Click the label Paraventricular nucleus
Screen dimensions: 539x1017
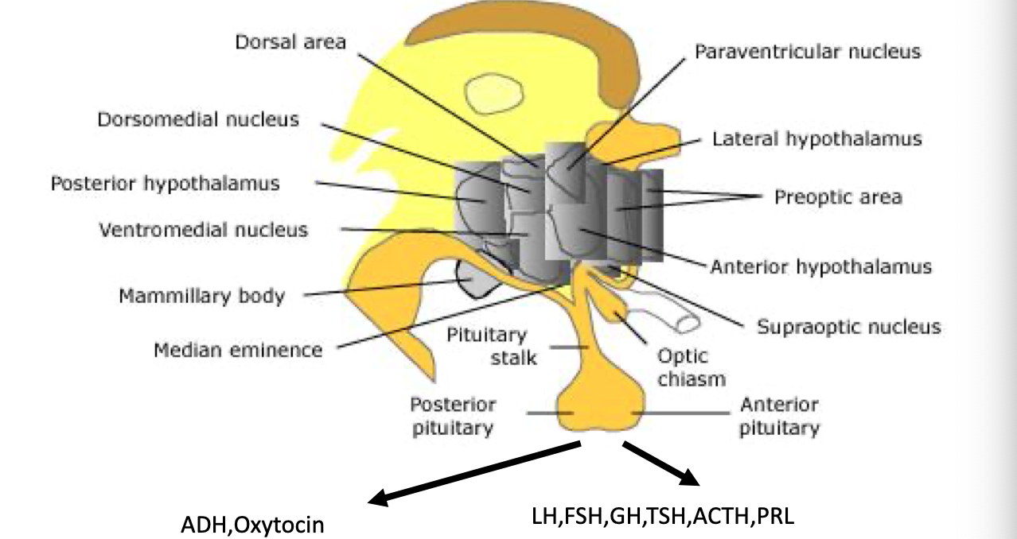pyautogui.click(x=807, y=52)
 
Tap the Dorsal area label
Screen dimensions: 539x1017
pyautogui.click(x=290, y=42)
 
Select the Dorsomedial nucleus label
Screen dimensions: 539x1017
pyautogui.click(x=198, y=120)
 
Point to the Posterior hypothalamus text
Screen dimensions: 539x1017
pyautogui.click(x=166, y=184)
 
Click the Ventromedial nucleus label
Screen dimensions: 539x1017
pyautogui.click(x=203, y=231)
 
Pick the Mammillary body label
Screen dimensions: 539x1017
pyautogui.click(x=201, y=297)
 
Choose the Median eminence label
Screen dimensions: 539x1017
pyautogui.click(x=238, y=350)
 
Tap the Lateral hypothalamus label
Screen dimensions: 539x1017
pyautogui.click(x=816, y=139)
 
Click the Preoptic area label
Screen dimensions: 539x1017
pyautogui.click(x=838, y=196)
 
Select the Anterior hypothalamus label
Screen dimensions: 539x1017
pyautogui.click(x=820, y=266)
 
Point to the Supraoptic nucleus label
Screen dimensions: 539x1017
pyautogui.click(x=848, y=327)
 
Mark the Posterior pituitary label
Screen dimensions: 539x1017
pyautogui.click(x=453, y=416)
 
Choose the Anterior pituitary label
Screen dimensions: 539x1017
pyautogui.click(x=779, y=416)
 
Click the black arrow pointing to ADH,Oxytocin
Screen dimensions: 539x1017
pyautogui.click(x=477, y=474)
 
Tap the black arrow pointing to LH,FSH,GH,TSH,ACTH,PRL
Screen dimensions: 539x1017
pyautogui.click(x=660, y=464)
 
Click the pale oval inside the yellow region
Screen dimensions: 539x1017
pyautogui.click(x=494, y=95)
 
